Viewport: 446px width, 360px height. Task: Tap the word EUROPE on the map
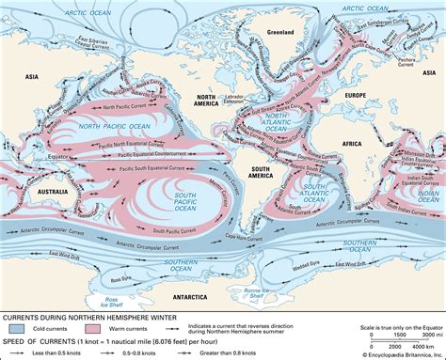point(353,97)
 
